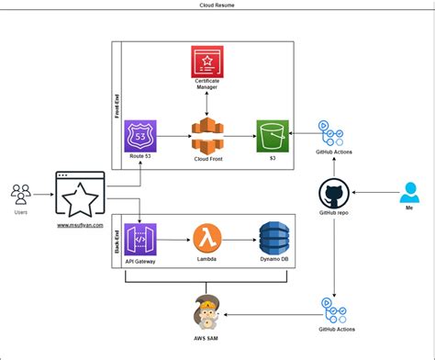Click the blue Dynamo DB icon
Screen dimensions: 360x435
tap(273, 239)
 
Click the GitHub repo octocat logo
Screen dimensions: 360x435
tap(333, 196)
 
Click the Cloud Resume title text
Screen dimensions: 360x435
tap(217, 6)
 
